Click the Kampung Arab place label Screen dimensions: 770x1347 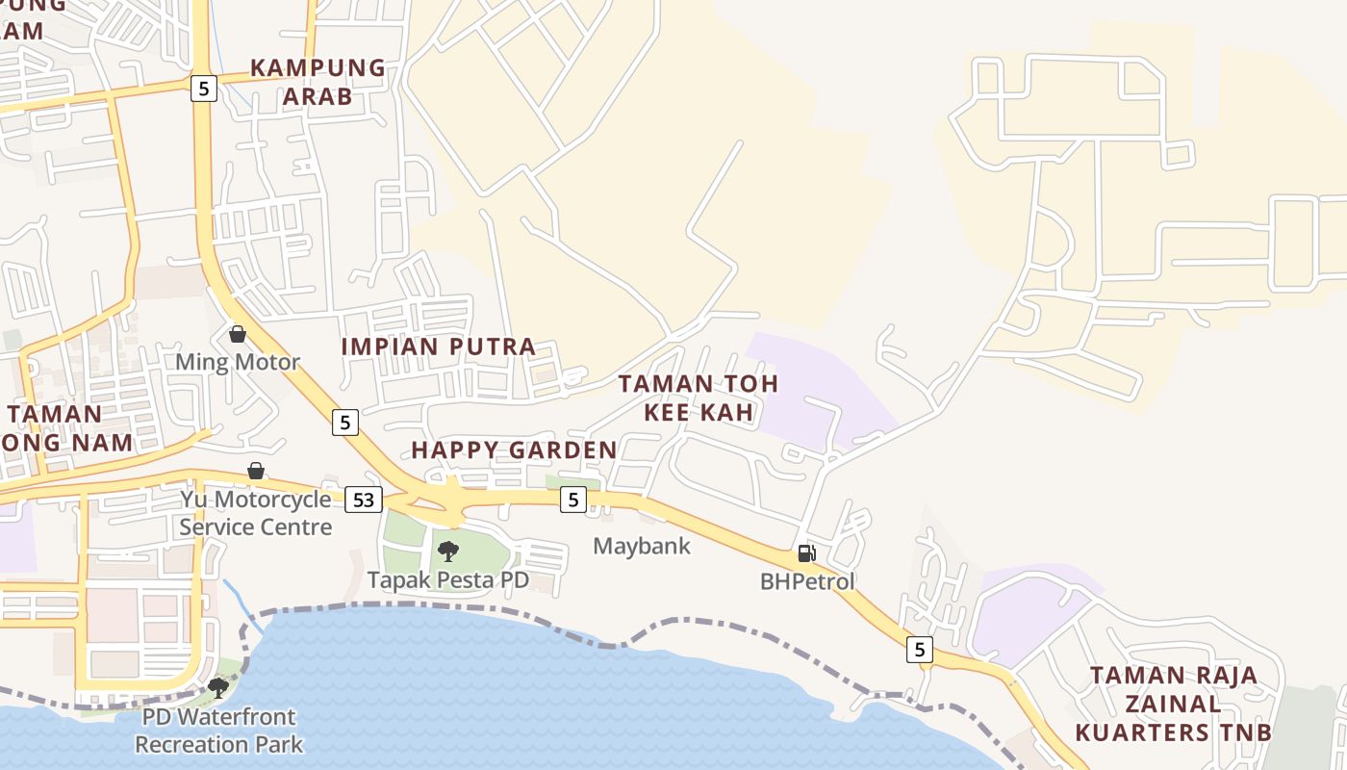(318, 82)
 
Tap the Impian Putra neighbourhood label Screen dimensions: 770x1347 (439, 346)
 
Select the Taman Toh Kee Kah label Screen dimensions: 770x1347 (698, 398)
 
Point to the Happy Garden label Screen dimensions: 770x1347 (514, 449)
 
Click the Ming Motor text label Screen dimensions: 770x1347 (238, 363)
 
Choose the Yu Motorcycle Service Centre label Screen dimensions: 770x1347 (256, 513)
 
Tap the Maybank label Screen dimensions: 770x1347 (642, 546)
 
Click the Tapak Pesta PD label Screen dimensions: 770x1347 (448, 580)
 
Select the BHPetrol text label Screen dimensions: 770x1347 (807, 581)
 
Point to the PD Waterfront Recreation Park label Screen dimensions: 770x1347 (218, 731)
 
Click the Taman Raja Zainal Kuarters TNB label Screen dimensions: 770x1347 (1173, 704)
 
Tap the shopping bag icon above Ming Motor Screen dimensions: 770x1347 (238, 334)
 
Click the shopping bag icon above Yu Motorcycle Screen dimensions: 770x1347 (256, 471)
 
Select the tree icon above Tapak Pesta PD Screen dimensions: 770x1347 (447, 552)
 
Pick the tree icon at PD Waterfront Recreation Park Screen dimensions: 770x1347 (218, 688)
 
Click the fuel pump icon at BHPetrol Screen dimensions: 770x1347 (806, 553)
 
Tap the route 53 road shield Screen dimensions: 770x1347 (363, 500)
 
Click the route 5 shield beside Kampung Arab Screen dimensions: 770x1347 (203, 89)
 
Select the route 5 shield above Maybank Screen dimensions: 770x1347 (573, 499)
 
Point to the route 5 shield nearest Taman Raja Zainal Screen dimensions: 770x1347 (920, 650)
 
